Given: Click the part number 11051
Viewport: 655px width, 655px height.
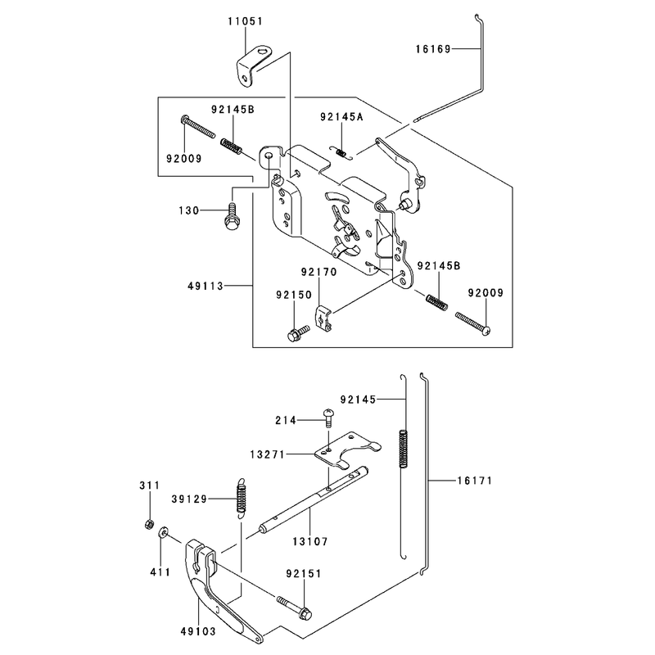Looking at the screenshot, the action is coord(245,21).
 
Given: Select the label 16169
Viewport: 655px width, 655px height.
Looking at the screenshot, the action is coord(433,49).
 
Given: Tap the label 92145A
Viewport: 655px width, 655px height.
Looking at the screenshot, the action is coord(341,116).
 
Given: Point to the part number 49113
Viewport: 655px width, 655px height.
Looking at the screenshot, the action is coord(206,286).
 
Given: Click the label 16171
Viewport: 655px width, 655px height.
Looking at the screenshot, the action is coord(475,481).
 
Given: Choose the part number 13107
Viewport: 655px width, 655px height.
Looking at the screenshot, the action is coord(310,542).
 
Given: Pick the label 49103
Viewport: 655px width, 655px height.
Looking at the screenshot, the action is coord(198,631).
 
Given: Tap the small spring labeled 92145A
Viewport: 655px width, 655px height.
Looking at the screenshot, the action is coord(341,152).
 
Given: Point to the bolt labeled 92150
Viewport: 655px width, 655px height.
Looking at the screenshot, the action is coord(297,333).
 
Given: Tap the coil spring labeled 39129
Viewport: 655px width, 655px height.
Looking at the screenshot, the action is coord(241,499).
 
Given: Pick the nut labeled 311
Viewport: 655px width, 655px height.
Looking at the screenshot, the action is coord(148,524).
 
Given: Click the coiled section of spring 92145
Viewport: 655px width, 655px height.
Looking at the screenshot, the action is coord(403,449).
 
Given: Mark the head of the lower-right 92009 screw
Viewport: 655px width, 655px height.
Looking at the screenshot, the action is coord(486,331).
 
